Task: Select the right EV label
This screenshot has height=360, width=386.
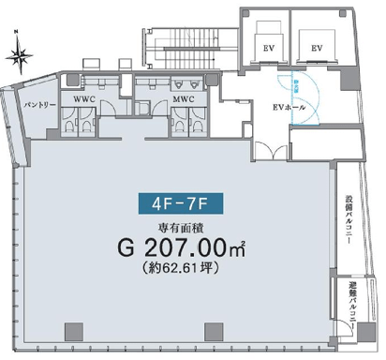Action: click(317, 48)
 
